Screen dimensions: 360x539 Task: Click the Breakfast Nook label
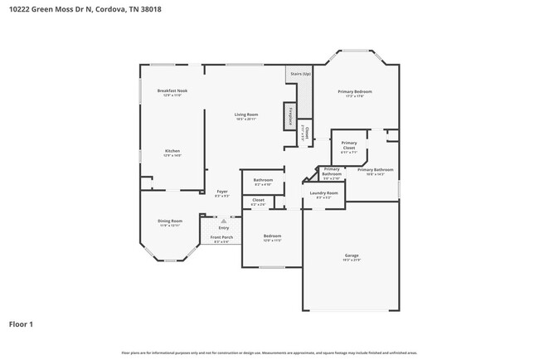pos(172,91)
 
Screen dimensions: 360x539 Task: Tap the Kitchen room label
pos(172,151)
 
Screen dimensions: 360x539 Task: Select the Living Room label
pos(245,114)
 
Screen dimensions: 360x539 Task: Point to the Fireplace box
pos(290,116)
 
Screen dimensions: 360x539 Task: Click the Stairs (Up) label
pos(300,74)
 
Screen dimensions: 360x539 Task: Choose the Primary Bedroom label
pos(354,91)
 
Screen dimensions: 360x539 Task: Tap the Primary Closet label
pos(349,145)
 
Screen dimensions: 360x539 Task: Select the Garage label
pos(352,255)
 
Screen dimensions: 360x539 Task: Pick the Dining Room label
pos(169,221)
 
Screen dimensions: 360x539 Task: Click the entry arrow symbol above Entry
pos(223,221)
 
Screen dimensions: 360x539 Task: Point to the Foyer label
pos(222,192)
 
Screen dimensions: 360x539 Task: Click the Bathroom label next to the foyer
pos(263,180)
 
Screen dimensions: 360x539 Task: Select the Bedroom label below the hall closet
pos(272,236)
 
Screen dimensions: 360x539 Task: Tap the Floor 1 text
pos(22,324)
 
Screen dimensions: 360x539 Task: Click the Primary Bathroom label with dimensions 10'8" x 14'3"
pos(375,170)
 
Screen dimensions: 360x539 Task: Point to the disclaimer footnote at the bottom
pos(269,353)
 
